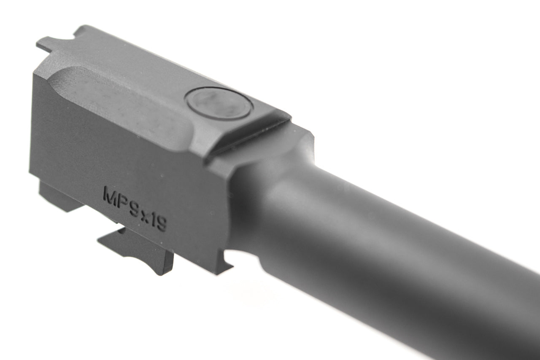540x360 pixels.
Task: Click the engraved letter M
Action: tap(111, 196)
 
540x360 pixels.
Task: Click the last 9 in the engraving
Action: tap(161, 224)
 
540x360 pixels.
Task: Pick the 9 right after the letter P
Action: tap(134, 209)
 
